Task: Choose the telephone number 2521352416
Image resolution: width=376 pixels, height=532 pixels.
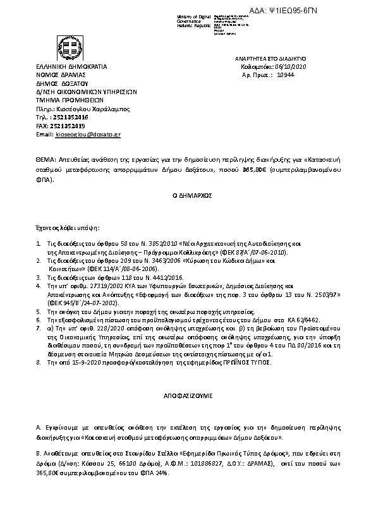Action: click(71, 117)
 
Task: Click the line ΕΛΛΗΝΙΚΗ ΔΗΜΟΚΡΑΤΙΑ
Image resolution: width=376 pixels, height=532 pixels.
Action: click(70, 66)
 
